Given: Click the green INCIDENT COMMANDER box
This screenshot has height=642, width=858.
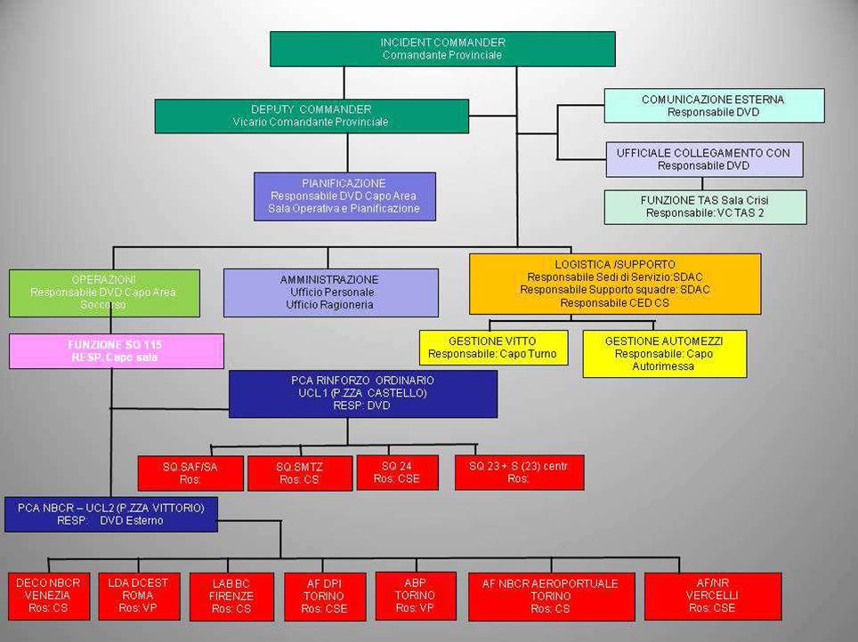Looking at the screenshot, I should [442, 49].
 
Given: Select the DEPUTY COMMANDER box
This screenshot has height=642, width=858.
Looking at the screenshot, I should [312, 116].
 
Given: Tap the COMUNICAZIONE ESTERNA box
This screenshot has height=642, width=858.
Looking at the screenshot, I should [714, 106].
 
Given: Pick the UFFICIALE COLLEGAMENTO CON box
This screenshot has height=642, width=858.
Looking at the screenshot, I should [703, 159].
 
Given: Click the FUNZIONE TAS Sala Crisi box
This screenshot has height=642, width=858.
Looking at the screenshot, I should [704, 207].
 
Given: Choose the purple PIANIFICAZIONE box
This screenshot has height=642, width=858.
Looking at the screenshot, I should [344, 196].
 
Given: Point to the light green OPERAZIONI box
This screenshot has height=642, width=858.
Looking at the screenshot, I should [103, 293].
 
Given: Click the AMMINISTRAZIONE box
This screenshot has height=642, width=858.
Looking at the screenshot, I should [330, 293].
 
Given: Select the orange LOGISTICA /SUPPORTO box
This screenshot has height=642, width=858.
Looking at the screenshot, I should [615, 284].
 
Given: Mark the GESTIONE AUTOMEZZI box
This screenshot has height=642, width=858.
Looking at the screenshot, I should [664, 353].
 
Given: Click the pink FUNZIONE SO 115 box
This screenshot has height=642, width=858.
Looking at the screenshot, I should [116, 351].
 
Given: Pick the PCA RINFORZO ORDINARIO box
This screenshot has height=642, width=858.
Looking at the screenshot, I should [363, 394].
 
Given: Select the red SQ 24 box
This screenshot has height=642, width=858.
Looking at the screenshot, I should [397, 472].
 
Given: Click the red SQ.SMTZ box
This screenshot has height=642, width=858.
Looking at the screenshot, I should [300, 473].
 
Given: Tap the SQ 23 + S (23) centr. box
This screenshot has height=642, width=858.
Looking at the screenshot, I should [519, 472].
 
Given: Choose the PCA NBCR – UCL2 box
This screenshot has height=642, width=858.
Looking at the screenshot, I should [111, 514].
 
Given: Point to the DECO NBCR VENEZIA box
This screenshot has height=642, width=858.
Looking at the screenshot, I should [48, 596].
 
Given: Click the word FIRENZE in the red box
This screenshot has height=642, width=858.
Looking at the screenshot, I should [231, 596].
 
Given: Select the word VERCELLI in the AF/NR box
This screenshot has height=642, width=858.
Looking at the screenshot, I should [712, 595].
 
